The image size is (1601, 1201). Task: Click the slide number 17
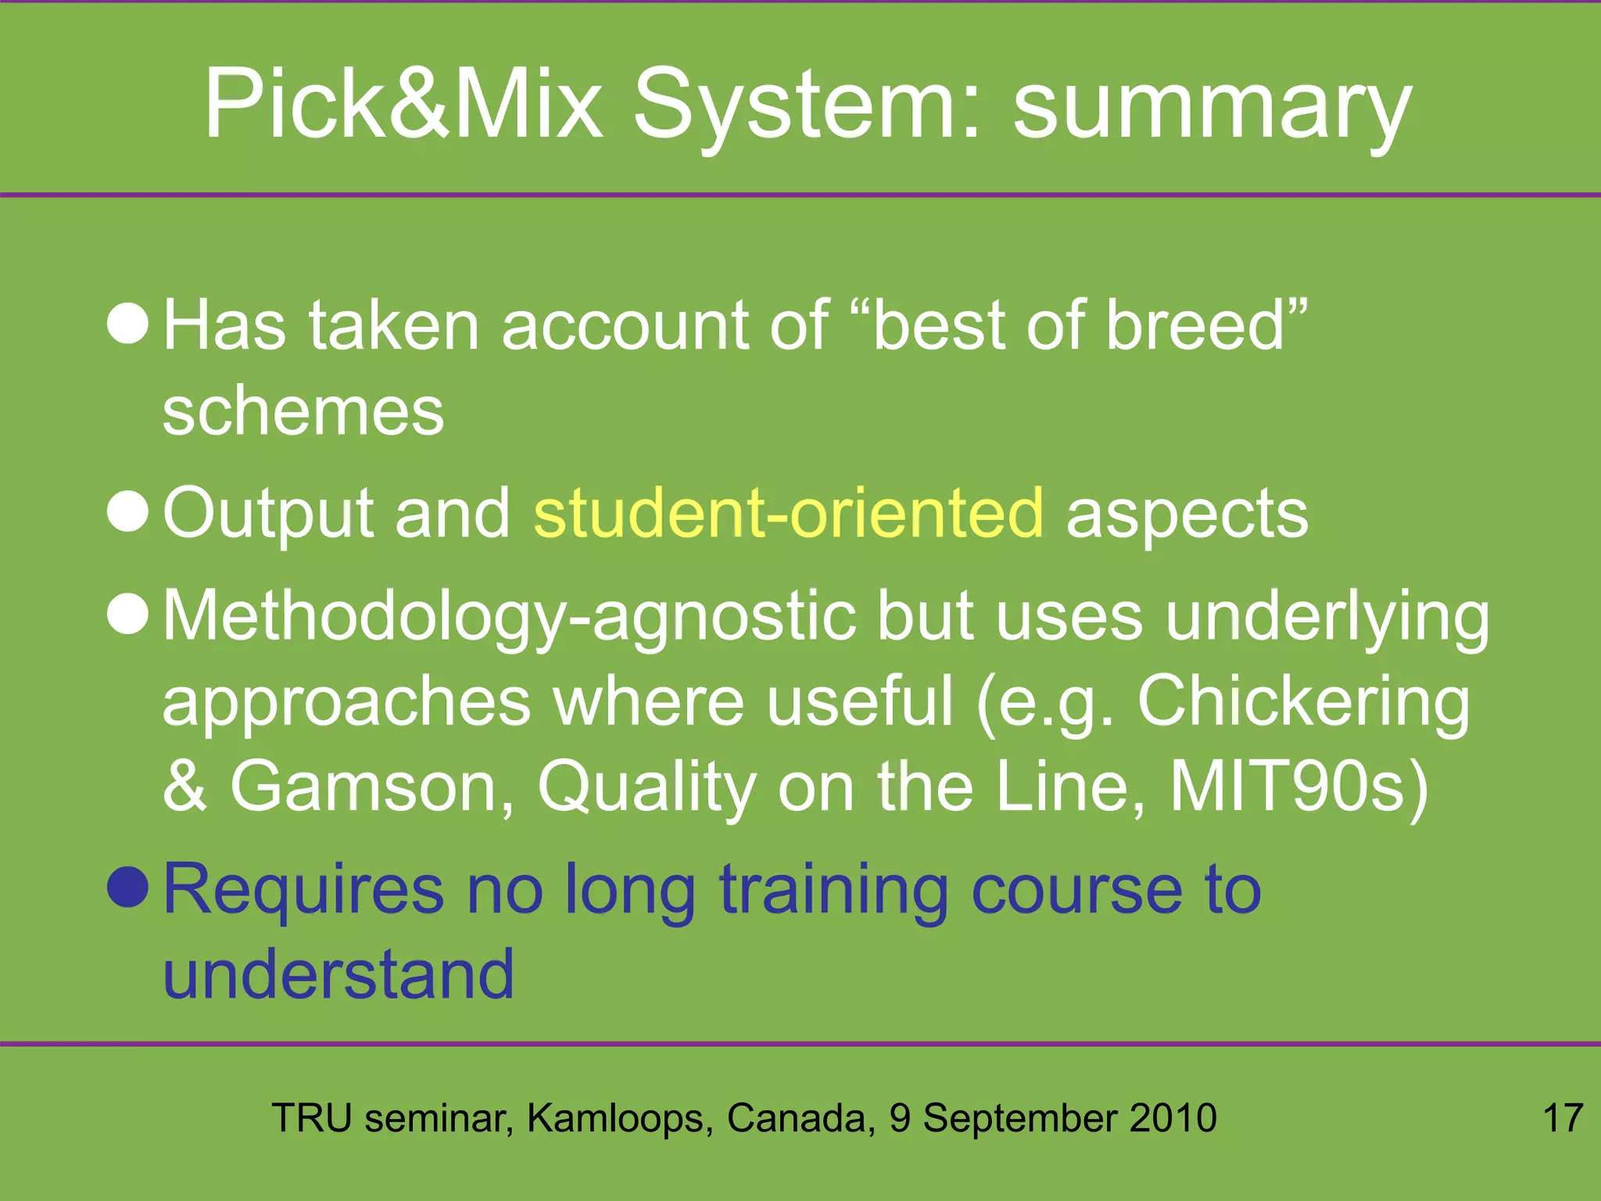tap(1562, 1118)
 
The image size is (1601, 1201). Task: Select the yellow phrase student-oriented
tap(788, 513)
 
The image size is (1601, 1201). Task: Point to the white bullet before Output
tap(127, 511)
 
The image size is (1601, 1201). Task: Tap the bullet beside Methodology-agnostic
tap(127, 614)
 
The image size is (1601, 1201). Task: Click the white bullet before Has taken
tap(127, 324)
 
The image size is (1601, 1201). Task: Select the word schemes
tap(303, 411)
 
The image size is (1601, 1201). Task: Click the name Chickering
tap(1303, 701)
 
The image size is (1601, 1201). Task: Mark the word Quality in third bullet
tap(646, 788)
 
